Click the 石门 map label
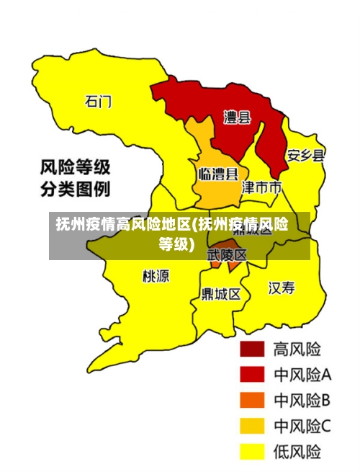[x=99, y=101]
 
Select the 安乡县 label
[x=306, y=155]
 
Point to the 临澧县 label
[x=218, y=174]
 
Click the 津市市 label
[x=261, y=188]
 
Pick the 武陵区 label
[x=228, y=255]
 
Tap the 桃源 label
[x=156, y=275]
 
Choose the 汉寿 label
[x=282, y=288]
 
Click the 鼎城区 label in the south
[x=221, y=294]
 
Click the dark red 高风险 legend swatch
[x=252, y=349]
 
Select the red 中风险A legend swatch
[x=252, y=375]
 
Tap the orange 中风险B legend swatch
[x=252, y=400]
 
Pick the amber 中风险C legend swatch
[x=252, y=426]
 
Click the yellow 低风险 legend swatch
[x=252, y=452]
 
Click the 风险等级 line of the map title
[x=75, y=168]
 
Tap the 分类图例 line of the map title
[x=75, y=191]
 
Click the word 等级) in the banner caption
[x=177, y=244]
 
